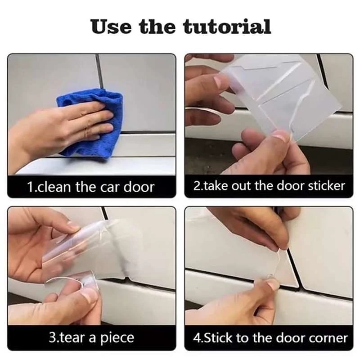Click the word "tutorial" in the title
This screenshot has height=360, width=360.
[x=227, y=27]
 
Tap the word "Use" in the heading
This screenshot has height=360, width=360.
[x=111, y=27]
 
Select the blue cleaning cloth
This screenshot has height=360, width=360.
[x=91, y=123]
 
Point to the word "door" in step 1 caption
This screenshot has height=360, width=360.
[x=139, y=187]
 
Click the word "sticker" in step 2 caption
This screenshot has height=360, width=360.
[x=327, y=186]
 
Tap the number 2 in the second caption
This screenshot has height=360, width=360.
[x=197, y=186]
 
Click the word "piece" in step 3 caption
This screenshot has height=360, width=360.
[x=117, y=338]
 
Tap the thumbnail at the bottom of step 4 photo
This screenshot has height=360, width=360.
[x=273, y=284]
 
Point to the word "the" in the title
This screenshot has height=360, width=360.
[x=157, y=27]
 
